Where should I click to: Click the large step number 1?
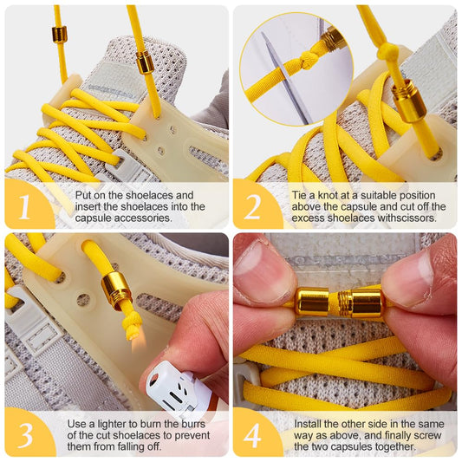point(25,206)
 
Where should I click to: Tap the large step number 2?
point(252,207)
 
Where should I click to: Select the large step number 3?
point(25,435)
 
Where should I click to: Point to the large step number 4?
point(252,435)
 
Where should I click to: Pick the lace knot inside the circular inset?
point(306,60)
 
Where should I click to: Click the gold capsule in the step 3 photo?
point(116,291)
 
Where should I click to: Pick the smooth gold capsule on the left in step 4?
point(312,303)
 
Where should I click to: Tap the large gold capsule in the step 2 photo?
point(408,101)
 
